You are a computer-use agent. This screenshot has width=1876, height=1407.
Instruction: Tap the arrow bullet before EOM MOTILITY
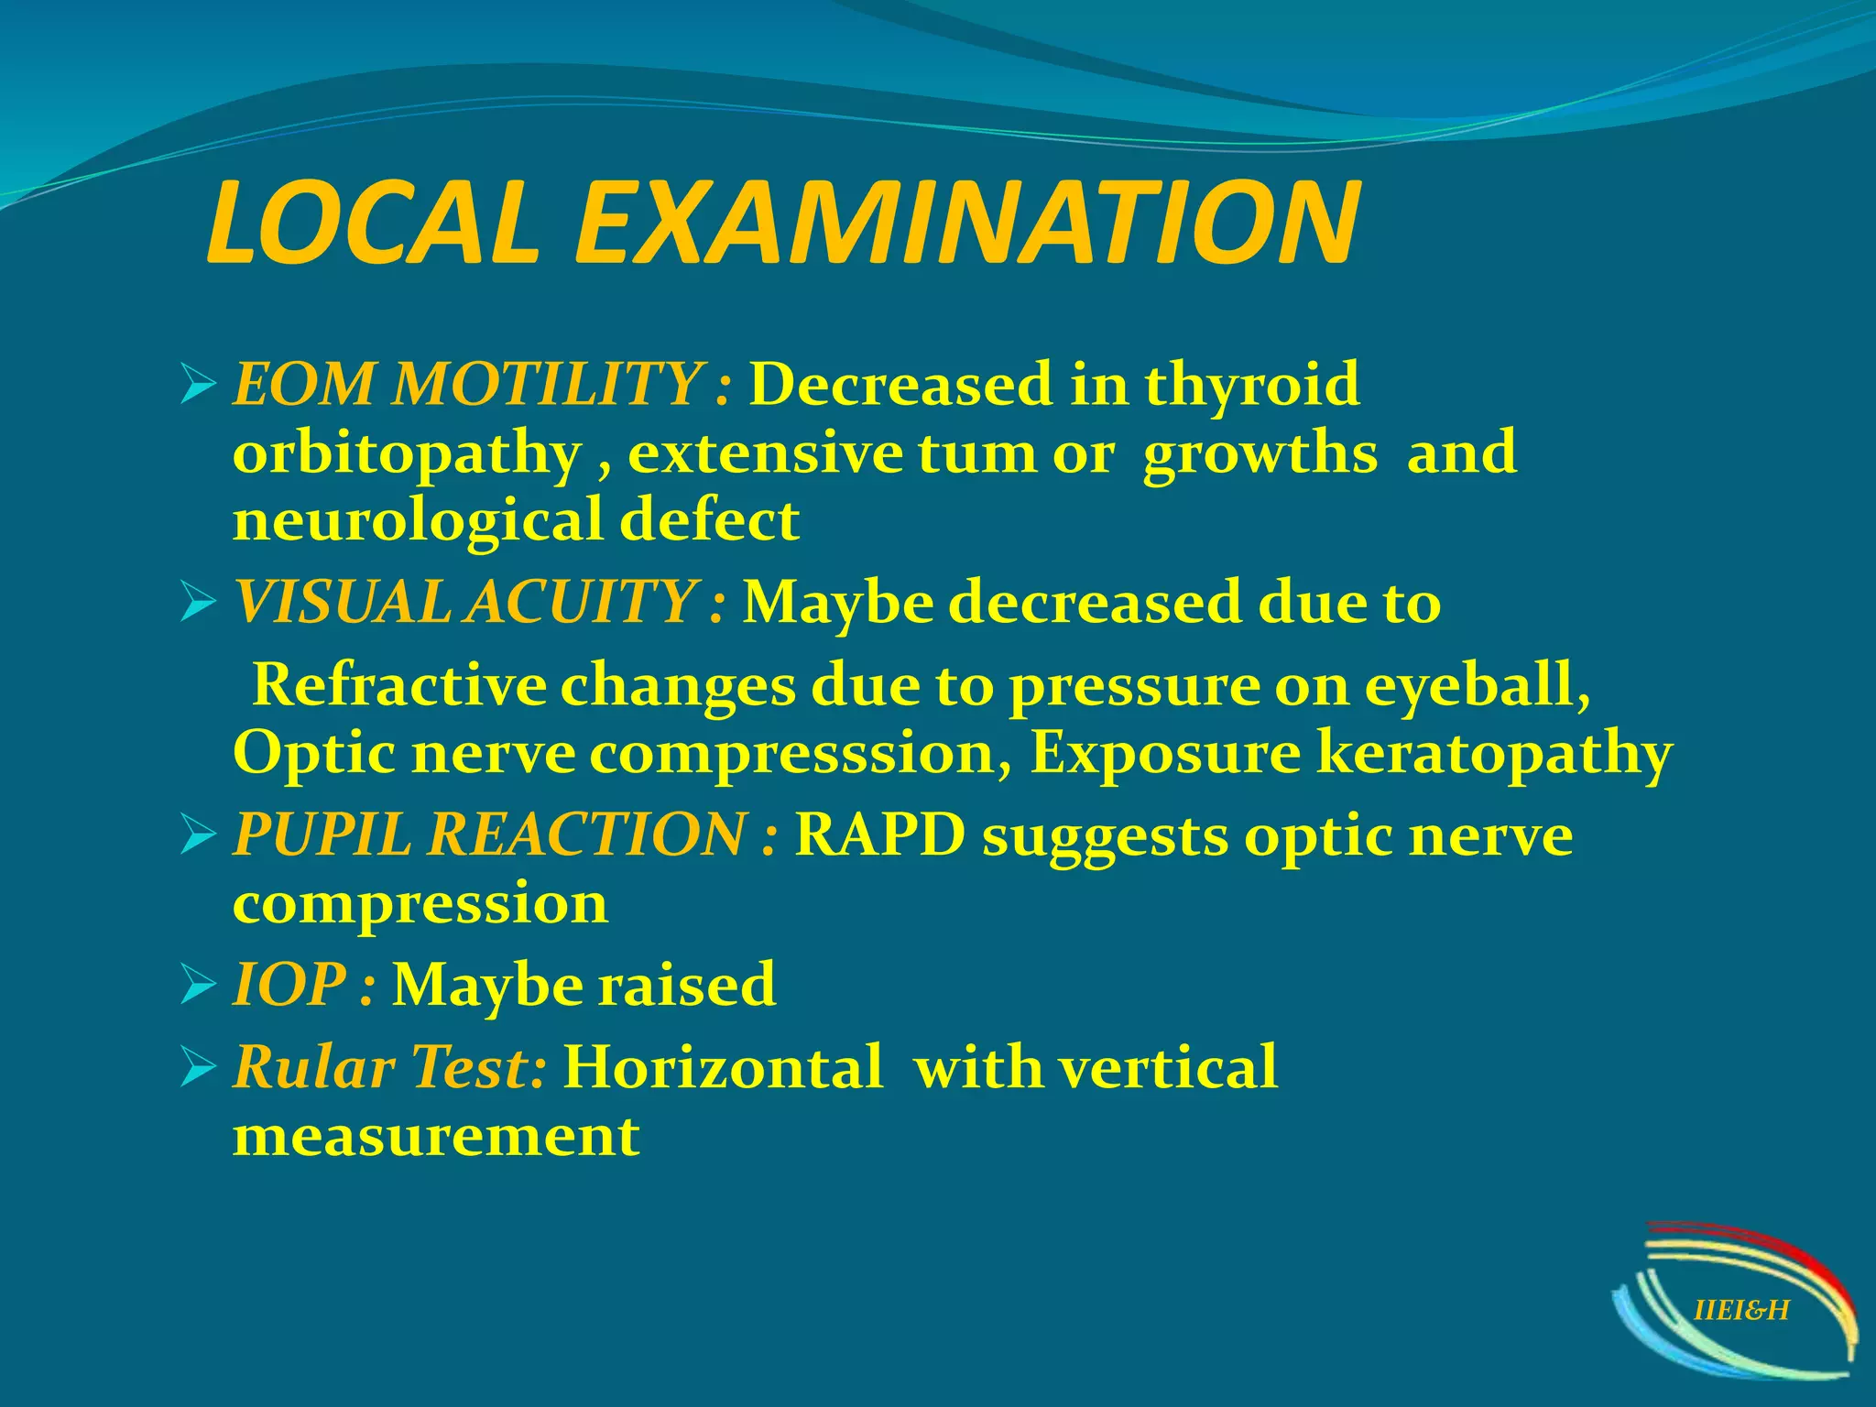pyautogui.click(x=198, y=384)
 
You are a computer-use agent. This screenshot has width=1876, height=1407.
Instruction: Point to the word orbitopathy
pyautogui.click(x=407, y=454)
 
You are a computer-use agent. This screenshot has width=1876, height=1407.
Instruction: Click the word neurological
pyautogui.click(x=417, y=520)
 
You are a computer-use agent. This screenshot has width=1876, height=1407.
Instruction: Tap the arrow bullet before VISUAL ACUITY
pyautogui.click(x=198, y=604)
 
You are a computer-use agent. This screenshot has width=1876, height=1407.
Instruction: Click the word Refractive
pyautogui.click(x=398, y=685)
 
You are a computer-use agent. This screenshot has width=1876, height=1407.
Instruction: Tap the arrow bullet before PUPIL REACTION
pyautogui.click(x=198, y=835)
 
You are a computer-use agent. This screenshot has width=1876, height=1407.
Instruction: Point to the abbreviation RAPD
pyautogui.click(x=879, y=835)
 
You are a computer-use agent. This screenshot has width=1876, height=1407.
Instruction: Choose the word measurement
pyautogui.click(x=436, y=1137)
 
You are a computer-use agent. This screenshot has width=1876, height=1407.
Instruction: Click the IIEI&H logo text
pyautogui.click(x=1740, y=1311)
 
